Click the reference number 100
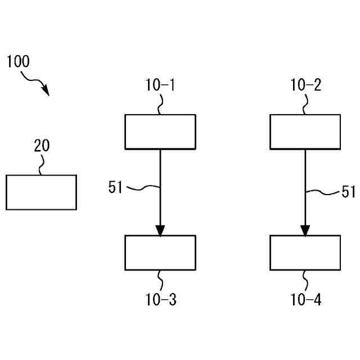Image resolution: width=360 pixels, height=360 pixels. [x=18, y=62]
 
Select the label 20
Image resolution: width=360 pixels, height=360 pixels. [x=42, y=146]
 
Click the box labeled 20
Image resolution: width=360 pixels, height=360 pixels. [x=41, y=192]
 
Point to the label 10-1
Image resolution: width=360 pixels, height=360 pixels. [x=160, y=85]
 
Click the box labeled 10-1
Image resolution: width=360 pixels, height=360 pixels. [x=160, y=132]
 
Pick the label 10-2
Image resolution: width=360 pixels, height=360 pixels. [x=306, y=85]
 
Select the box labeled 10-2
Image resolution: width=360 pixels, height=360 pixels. [x=305, y=132]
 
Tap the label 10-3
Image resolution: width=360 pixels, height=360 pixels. [x=161, y=300]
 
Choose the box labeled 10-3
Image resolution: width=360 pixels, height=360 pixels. [x=160, y=253]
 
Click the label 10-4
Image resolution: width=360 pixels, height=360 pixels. [x=306, y=300]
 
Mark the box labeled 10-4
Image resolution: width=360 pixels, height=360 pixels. [x=305, y=253]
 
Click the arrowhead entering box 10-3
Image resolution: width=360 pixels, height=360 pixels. [x=160, y=231]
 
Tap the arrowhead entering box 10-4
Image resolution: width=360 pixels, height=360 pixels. [x=305, y=231]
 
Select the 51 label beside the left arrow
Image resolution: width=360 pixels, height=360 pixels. [x=115, y=188]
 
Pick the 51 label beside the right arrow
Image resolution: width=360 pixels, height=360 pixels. [x=349, y=192]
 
